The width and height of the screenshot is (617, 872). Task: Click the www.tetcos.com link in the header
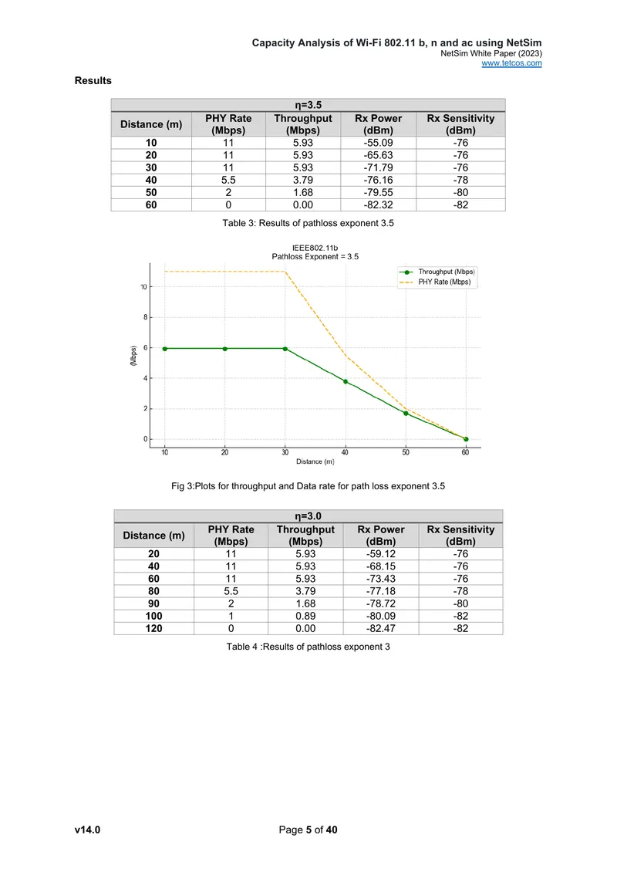click(511, 63)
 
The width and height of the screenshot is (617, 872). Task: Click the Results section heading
click(93, 80)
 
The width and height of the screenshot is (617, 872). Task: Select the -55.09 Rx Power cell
click(378, 143)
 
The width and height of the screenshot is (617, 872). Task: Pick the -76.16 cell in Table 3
click(378, 180)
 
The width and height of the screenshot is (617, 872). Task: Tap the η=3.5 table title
click(308, 105)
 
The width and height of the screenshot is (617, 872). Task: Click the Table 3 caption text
click(308, 223)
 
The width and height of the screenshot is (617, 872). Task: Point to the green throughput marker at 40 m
click(346, 381)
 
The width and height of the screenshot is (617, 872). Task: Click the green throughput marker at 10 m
click(164, 349)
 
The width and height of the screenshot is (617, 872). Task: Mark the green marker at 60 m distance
click(466, 439)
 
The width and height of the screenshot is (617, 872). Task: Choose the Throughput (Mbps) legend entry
click(437, 272)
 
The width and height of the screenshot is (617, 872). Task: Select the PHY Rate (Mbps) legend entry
click(435, 282)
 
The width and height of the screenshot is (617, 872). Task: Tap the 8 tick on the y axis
click(146, 317)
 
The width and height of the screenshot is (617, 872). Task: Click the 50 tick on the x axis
click(406, 452)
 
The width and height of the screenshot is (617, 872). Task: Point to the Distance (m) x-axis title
click(315, 461)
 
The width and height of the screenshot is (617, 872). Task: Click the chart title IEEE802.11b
click(315, 248)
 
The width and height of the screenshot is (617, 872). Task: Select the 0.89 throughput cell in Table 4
click(305, 616)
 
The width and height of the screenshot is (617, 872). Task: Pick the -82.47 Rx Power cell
click(381, 628)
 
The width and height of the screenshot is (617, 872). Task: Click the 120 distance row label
click(154, 628)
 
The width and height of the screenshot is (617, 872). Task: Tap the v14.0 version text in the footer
click(87, 830)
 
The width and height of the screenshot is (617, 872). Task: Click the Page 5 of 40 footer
click(308, 830)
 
